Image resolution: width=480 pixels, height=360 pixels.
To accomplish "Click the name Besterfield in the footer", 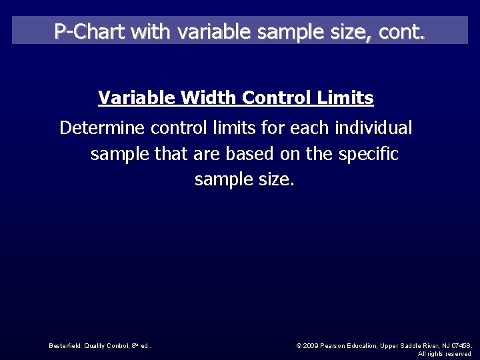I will pyautogui.click(x=65, y=345).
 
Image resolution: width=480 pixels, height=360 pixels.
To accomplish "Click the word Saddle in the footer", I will pyautogui.click(x=408, y=345).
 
